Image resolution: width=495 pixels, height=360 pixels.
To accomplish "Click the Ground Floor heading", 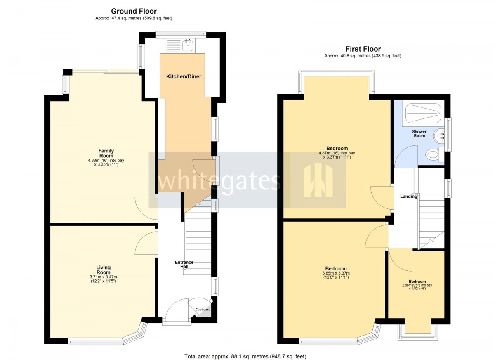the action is point(134,11).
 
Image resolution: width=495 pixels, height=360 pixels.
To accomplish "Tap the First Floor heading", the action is point(363,49).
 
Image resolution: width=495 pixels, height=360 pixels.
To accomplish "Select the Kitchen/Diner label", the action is point(184,76).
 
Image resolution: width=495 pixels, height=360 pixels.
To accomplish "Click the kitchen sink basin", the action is point(188,45).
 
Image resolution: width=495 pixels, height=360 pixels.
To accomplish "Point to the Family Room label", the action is point(106,153).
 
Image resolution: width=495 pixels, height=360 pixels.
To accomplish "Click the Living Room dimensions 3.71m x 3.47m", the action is point(104,277).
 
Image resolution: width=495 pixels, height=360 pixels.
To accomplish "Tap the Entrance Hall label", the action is point(184,264).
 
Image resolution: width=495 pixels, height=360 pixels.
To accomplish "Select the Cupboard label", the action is point(203,309).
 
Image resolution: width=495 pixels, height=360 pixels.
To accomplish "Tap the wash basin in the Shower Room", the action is point(438,136).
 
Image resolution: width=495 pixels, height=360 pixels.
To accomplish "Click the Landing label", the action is point(409,196).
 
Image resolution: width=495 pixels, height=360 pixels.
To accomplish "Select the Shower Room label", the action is point(419,134).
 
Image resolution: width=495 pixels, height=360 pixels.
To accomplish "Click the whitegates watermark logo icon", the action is point(318,180).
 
